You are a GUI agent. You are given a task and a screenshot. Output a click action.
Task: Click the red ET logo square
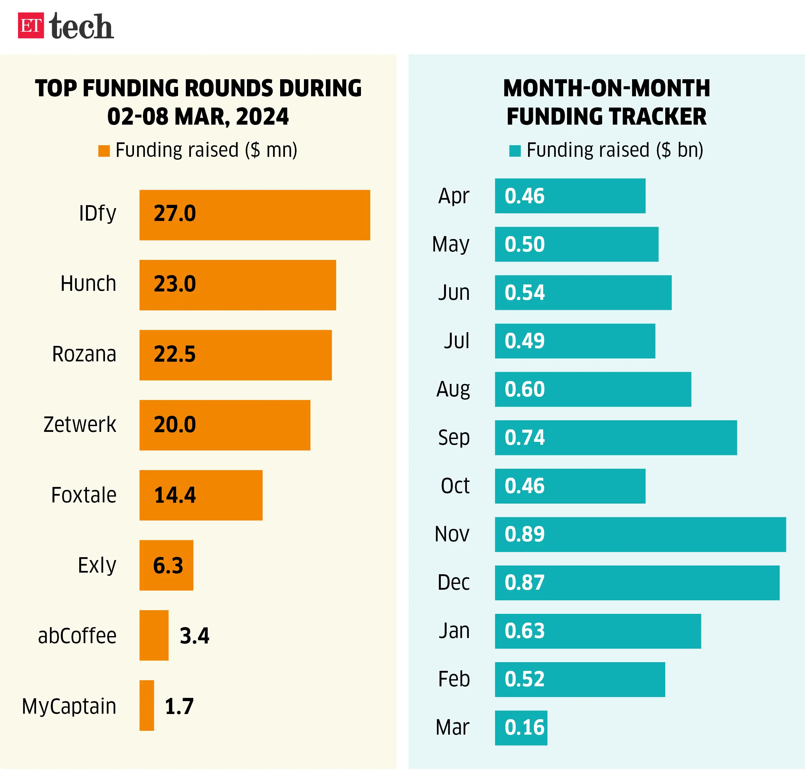tap(31, 25)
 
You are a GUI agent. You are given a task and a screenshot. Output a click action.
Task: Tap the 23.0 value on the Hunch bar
tap(175, 284)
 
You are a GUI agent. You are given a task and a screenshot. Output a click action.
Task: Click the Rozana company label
tap(84, 354)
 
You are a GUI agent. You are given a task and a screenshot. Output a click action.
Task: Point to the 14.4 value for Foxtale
tap(175, 495)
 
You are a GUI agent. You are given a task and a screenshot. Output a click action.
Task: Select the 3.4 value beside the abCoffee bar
tap(194, 635)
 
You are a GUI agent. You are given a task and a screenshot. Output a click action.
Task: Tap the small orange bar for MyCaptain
tap(147, 705)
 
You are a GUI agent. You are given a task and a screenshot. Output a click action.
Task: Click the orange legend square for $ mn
tap(104, 151)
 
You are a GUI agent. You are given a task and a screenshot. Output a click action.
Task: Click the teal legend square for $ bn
tap(515, 151)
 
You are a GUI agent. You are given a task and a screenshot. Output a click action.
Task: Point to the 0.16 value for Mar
tap(525, 728)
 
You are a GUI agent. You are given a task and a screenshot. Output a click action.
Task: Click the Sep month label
tap(454, 438)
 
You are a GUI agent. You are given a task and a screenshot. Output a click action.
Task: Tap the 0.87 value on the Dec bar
tap(525, 583)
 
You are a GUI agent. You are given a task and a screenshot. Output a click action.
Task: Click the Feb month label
tap(454, 679)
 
